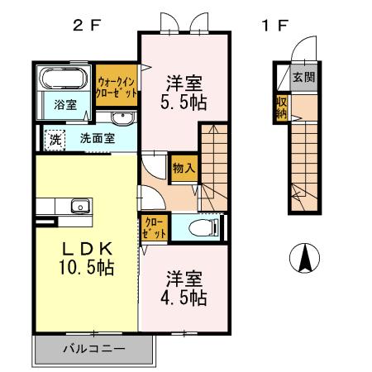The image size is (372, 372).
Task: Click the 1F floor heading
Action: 275,25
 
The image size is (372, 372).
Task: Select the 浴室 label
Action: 65,105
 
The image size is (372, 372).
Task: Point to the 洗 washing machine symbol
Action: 54,139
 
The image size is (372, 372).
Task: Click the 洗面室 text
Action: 97,139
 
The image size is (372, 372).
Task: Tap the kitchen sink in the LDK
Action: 79,206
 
